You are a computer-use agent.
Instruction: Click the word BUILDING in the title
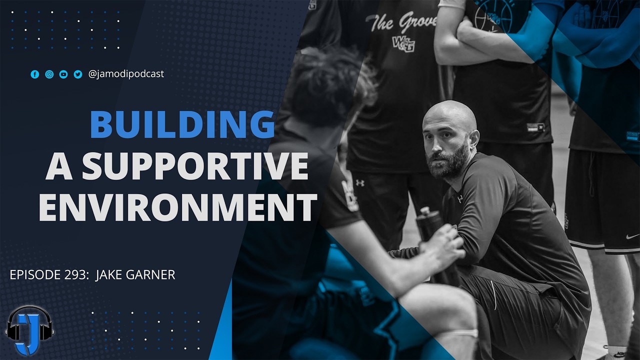(x=182, y=125)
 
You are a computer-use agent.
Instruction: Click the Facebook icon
(x=34, y=74)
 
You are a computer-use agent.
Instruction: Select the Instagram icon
(x=49, y=74)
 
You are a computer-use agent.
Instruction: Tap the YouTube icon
(x=63, y=74)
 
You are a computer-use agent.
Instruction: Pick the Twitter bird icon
(x=78, y=74)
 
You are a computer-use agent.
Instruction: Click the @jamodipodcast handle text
(x=126, y=74)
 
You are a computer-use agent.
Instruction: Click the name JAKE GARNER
(x=135, y=274)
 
